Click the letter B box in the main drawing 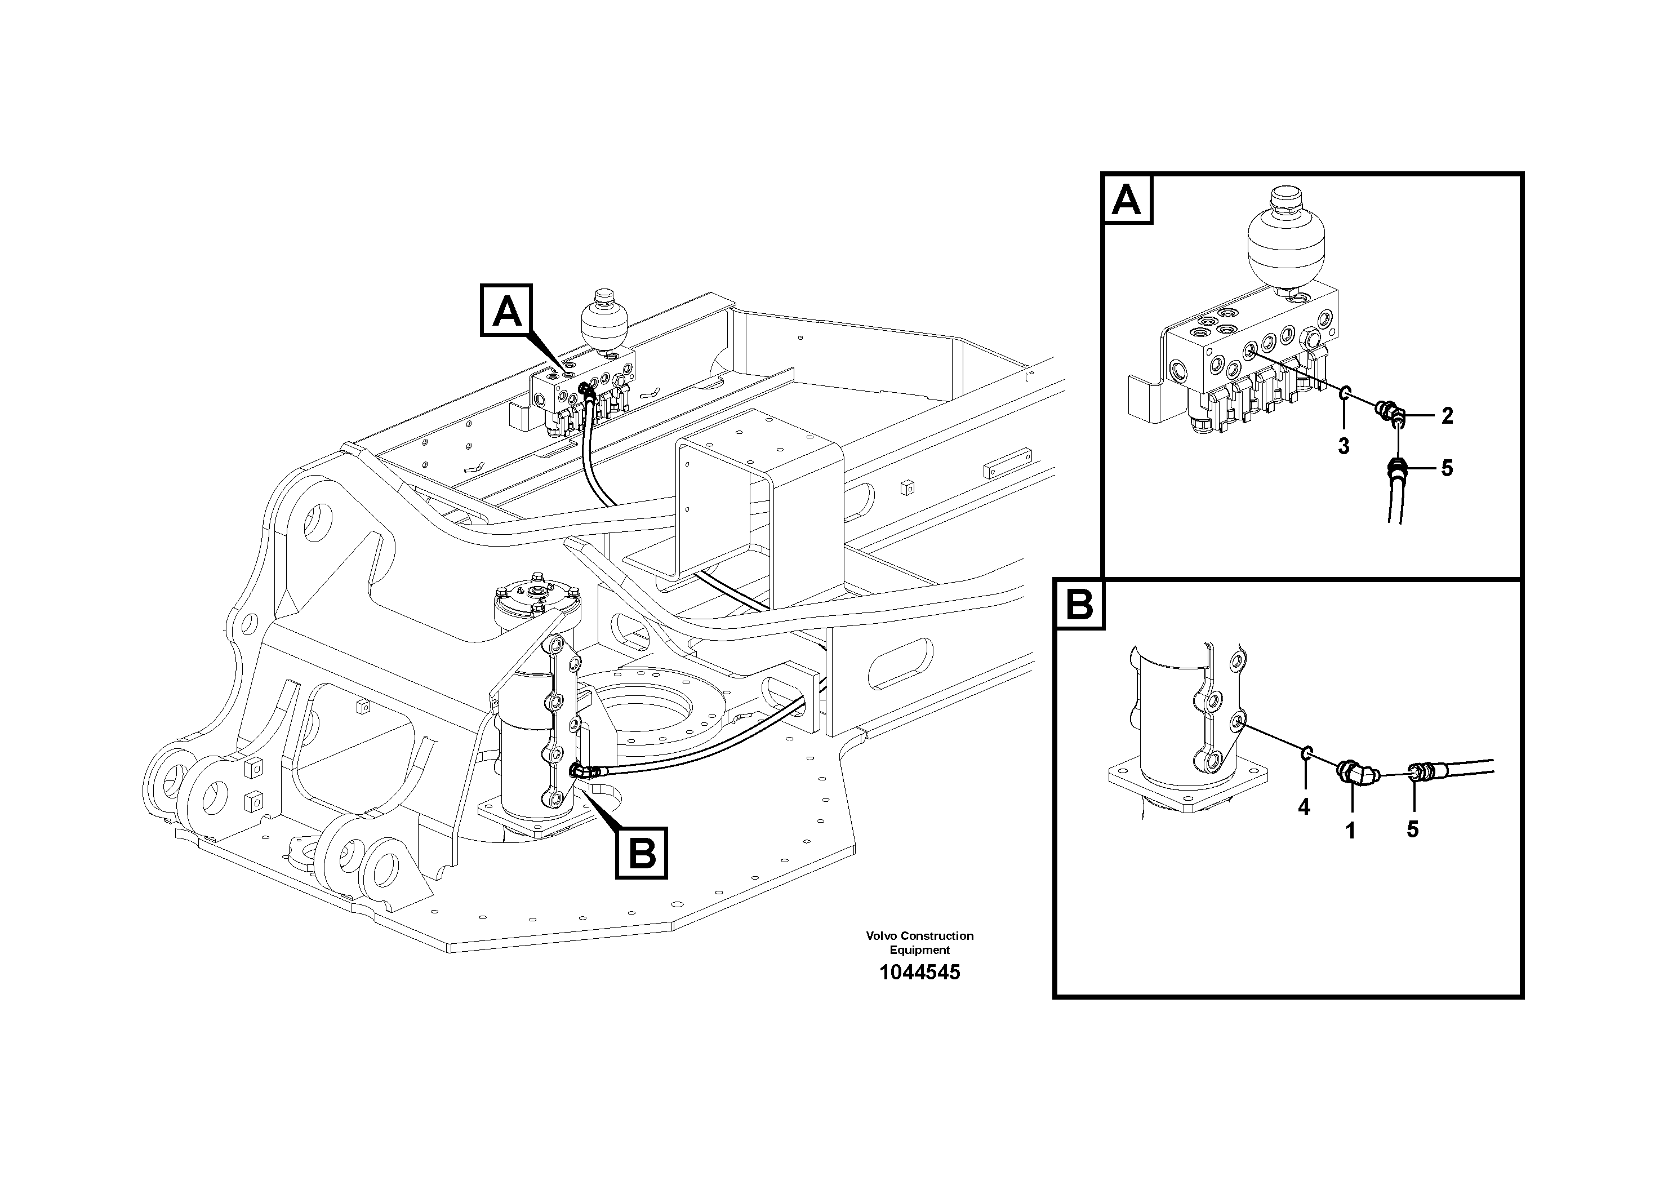(641, 853)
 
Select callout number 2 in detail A (1447, 416)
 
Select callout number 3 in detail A (1343, 446)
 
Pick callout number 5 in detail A (1447, 468)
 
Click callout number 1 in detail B (1350, 831)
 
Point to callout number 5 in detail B (1413, 829)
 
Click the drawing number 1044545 (919, 973)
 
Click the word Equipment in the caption (919, 951)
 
